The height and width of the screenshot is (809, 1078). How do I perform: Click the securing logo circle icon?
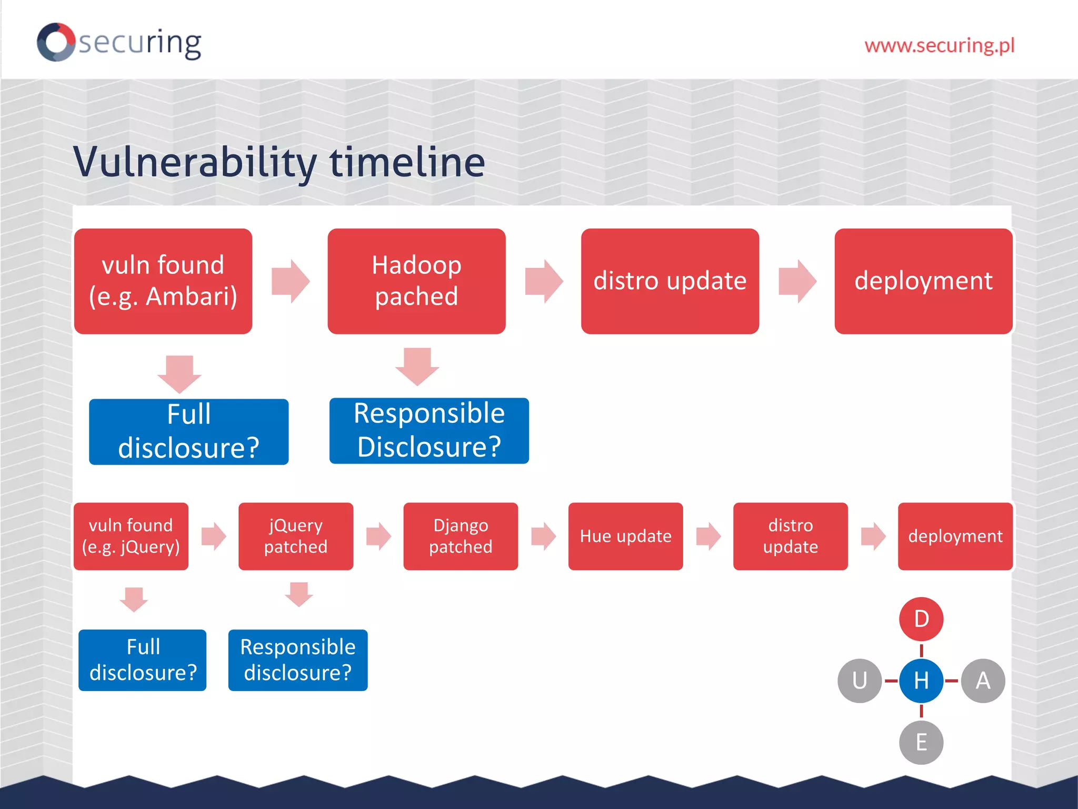56,42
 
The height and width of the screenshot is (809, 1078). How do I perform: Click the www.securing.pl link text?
939,45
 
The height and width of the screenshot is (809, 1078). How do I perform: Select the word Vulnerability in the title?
195,162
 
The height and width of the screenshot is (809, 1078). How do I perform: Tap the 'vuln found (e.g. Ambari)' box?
163,281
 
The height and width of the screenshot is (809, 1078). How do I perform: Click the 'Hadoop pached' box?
416,281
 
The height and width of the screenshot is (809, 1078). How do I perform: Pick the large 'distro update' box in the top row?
670,281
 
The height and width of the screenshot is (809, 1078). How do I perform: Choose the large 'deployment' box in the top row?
923,281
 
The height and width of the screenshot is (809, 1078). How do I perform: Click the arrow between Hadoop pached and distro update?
544,281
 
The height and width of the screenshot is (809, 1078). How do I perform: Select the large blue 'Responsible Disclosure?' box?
429,430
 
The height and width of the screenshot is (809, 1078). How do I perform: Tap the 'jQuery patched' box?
295,536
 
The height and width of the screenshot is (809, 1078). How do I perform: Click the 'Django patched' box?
461,536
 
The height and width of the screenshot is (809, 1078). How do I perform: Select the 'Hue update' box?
625,536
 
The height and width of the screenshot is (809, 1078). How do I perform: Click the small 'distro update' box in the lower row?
790,536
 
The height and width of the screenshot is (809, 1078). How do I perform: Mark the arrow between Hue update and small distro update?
708,536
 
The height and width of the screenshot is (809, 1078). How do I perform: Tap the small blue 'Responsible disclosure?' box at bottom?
298,660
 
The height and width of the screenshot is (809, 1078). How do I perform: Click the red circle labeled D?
921,619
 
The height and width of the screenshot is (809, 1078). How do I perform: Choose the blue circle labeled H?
921,680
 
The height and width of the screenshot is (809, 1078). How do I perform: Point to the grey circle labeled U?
860,680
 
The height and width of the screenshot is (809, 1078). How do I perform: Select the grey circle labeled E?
921,742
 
